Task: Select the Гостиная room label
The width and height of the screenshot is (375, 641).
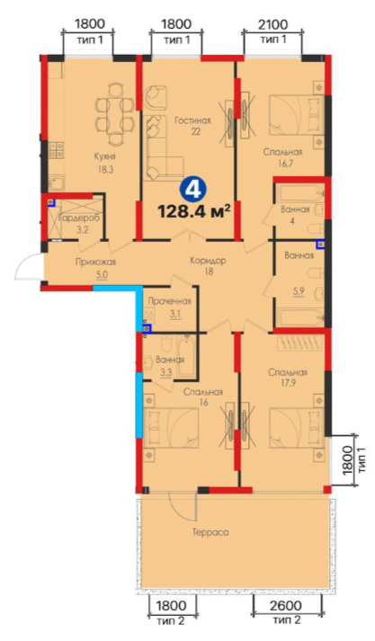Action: tap(192, 120)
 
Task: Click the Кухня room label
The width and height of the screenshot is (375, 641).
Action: tap(104, 156)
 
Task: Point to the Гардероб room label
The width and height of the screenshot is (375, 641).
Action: tap(78, 218)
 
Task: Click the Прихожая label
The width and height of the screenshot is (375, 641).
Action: tap(95, 262)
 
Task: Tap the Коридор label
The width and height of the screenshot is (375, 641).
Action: tap(208, 261)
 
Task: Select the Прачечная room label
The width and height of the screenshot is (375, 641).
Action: tap(169, 302)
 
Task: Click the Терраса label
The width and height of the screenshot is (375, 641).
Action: tap(210, 532)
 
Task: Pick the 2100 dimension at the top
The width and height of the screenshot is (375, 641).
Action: tap(273, 24)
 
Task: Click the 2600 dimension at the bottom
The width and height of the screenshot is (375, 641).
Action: tap(287, 605)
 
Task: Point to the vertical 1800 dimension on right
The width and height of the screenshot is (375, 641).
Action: tap(348, 459)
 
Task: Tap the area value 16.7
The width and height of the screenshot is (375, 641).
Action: tap(282, 164)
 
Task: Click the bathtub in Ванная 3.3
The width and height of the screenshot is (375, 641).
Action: tap(187, 357)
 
